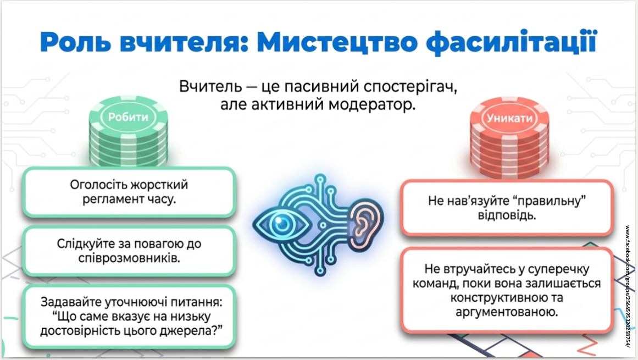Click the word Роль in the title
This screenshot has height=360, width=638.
coord(75,42)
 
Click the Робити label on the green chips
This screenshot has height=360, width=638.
coord(128,117)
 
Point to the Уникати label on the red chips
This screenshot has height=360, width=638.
coord(509,118)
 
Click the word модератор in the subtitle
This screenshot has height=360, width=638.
coord(372,104)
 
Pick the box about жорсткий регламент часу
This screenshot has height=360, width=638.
coord(129,192)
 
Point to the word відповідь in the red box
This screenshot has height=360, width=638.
coord(507,215)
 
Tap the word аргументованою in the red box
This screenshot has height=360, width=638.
coord(507,312)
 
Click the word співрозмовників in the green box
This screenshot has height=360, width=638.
coord(129,258)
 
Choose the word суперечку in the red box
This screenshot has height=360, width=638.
coord(557,269)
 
